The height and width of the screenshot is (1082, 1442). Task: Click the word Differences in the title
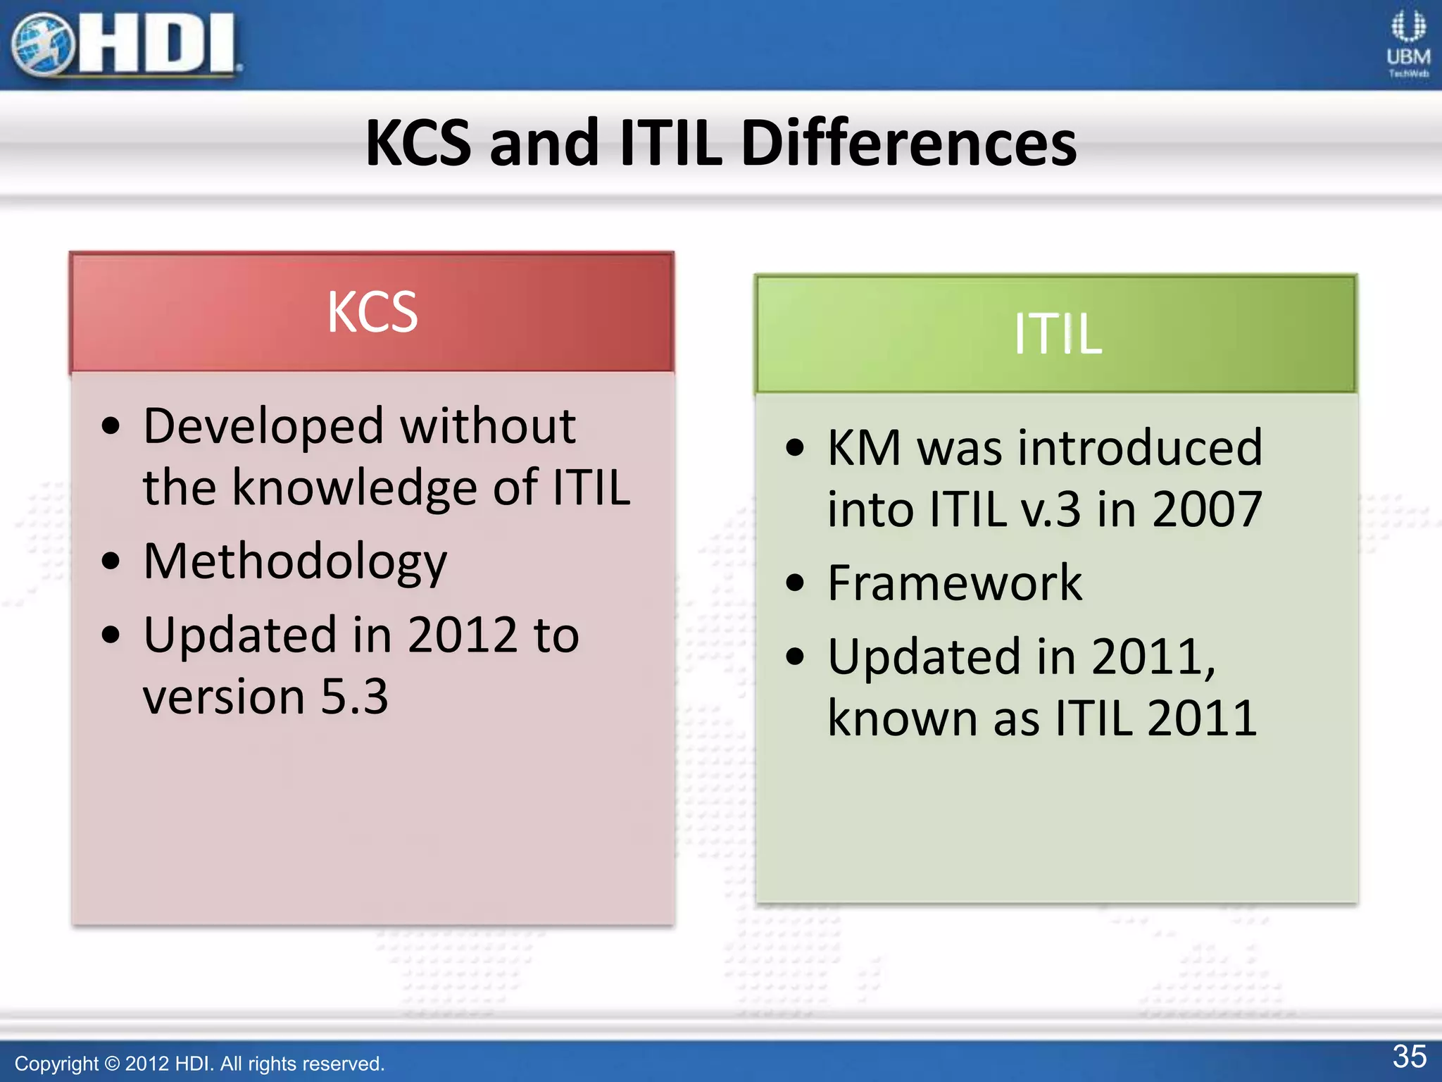(908, 143)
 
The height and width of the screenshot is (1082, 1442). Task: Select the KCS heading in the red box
(372, 312)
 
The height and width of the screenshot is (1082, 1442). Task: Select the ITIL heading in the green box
(1057, 334)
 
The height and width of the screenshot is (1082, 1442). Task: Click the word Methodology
(295, 562)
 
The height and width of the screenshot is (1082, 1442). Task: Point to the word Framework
(954, 583)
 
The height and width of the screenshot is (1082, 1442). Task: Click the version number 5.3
(354, 696)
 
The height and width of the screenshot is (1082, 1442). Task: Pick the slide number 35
(1409, 1057)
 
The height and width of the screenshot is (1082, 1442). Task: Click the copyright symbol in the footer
(112, 1064)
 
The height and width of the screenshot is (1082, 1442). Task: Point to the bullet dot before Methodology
(111, 561)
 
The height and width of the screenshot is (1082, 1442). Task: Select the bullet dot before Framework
(795, 583)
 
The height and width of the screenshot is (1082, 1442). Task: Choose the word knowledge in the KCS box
(355, 487)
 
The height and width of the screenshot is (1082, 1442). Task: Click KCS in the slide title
(418, 143)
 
